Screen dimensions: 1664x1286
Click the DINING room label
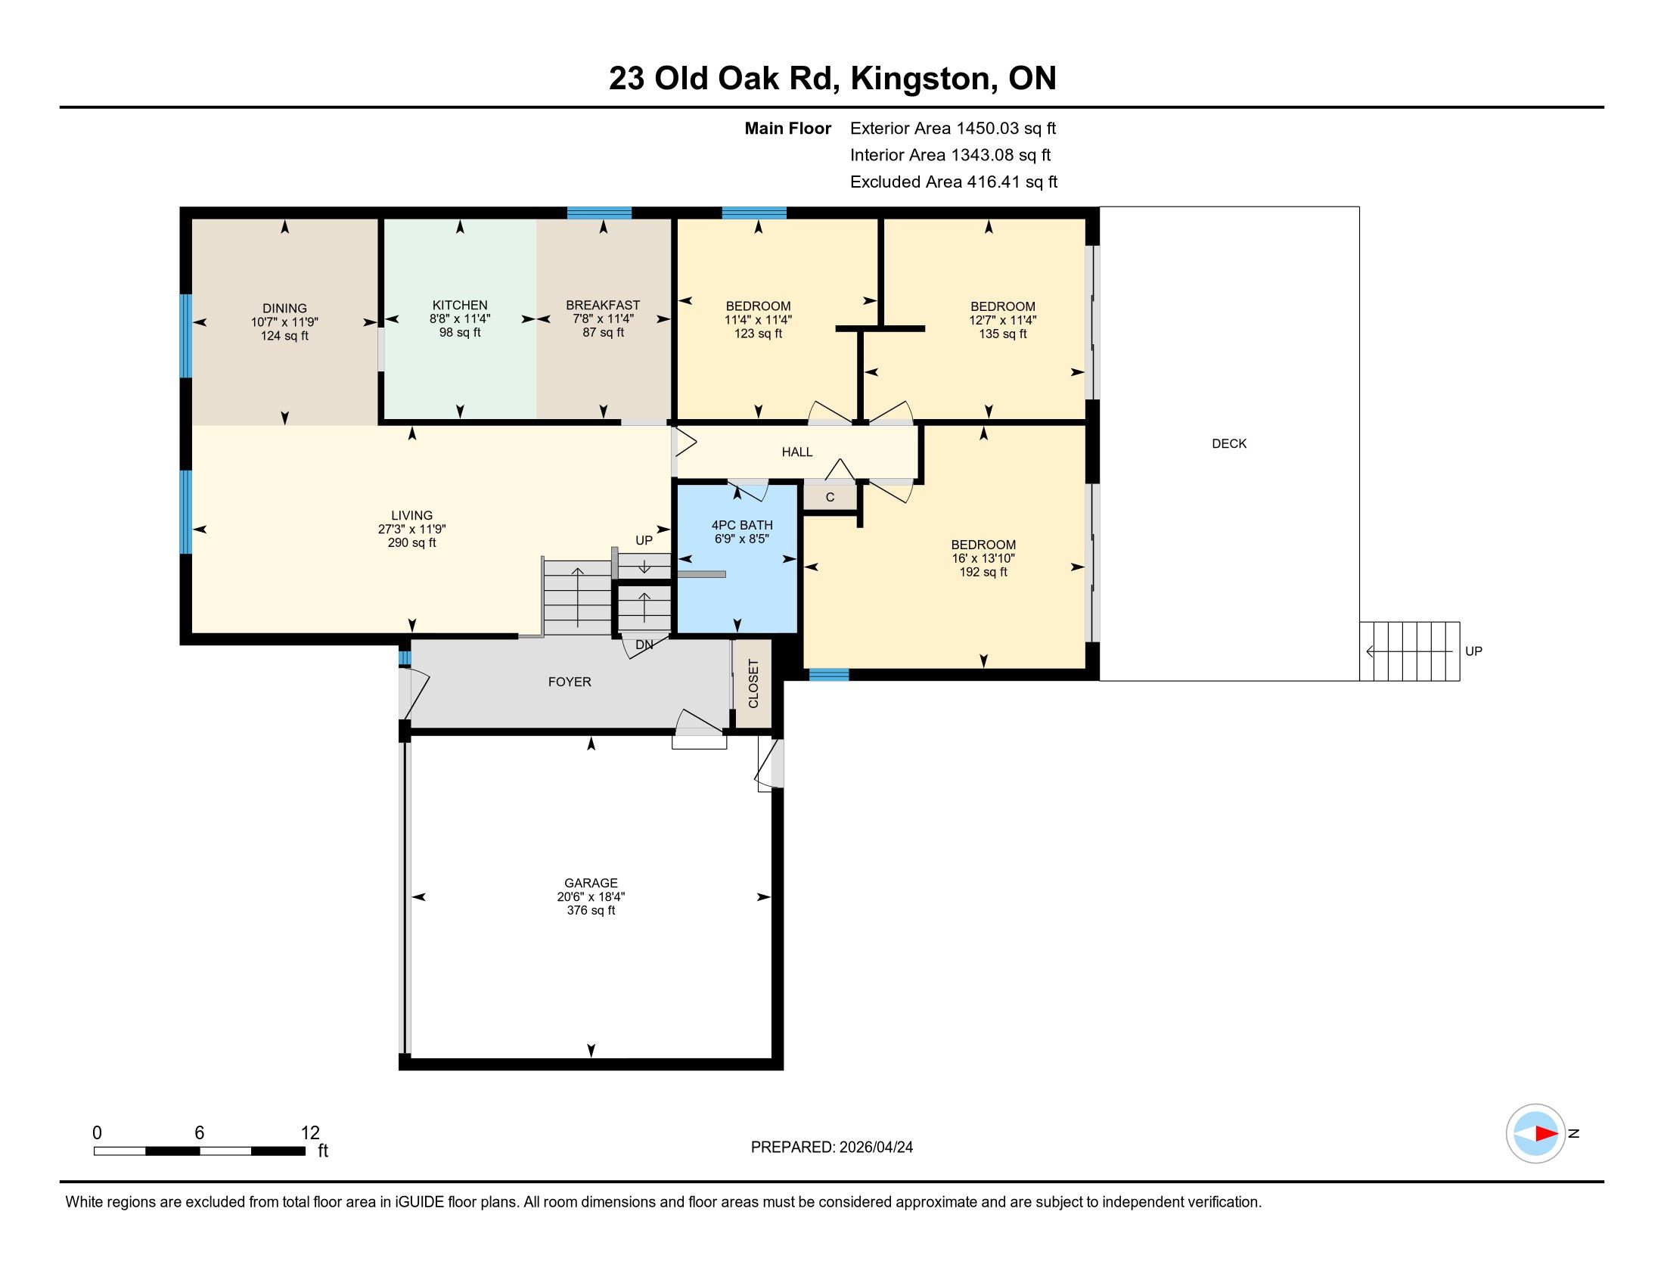284,309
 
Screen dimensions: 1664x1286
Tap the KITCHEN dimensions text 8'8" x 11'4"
459,319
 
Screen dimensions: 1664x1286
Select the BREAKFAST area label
603,305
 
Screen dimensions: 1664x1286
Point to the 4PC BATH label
742,525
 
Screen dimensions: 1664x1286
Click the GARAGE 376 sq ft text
591,910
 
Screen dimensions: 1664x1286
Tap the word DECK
1229,443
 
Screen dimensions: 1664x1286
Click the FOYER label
569,682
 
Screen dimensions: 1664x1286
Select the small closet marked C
830,498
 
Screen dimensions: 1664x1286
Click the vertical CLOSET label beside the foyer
753,683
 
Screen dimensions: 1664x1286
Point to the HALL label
797,452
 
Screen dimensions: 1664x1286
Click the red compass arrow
1547,1134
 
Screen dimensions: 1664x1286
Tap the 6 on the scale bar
199,1133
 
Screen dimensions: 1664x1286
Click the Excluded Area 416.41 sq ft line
954,182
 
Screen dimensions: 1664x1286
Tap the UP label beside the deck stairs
1473,651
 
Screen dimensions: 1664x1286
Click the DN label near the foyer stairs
644,645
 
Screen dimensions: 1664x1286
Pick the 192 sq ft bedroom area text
983,572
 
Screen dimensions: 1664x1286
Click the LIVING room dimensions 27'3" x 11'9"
411,530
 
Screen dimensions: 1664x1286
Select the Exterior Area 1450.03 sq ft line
953,129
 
